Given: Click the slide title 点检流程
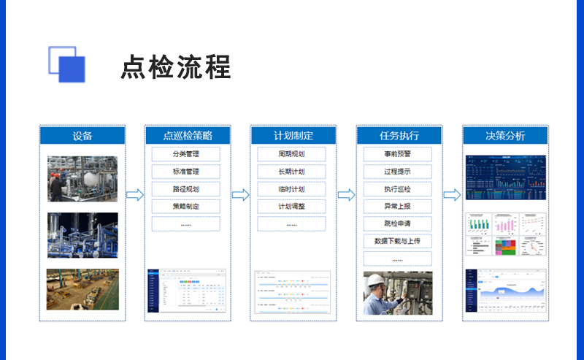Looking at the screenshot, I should coord(175,66).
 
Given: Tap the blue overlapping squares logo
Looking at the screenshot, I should coord(66,64).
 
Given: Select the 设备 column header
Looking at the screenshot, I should coord(82,136).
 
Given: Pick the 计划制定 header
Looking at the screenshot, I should coord(293,136).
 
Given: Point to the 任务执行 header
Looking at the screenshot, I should coord(399,136).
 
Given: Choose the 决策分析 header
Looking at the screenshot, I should coord(504,136).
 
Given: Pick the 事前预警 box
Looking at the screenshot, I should coord(398,155).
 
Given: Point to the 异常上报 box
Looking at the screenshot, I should coord(398,207).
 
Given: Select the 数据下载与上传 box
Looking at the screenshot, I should coord(398,241).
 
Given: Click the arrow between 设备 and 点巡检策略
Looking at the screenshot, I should coord(135,195).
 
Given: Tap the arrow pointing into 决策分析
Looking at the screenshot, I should coord(452,195).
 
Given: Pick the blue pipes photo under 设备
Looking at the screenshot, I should coord(82,235).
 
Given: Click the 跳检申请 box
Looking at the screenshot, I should coord(398,223).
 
